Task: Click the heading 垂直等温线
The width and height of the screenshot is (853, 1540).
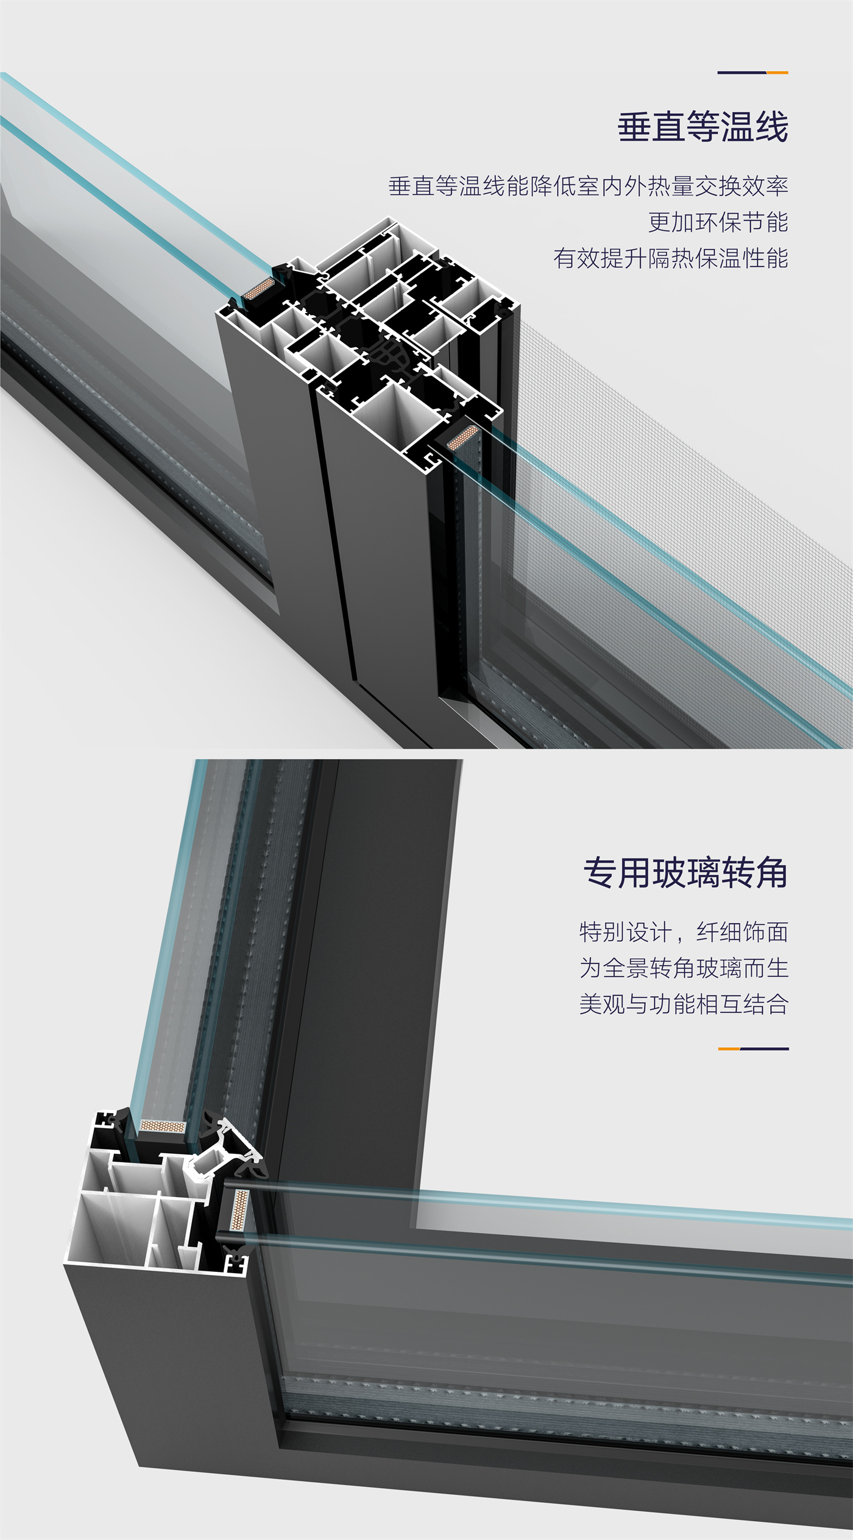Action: (703, 127)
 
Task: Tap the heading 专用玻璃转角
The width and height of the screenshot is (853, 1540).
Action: (685, 873)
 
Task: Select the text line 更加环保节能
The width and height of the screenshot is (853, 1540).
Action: (718, 222)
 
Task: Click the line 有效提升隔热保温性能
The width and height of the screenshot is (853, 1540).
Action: (670, 258)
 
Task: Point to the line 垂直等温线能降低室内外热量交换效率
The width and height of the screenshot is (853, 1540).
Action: (588, 186)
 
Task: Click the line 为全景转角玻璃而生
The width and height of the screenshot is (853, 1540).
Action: (684, 968)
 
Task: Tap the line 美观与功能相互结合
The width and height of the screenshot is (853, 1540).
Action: (684, 1004)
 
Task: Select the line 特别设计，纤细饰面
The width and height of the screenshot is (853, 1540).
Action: (684, 932)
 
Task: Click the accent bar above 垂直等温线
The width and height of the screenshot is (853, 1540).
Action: (752, 72)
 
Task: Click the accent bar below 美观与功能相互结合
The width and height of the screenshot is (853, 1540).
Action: (753, 1049)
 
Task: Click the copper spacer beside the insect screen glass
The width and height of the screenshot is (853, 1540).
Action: (462, 437)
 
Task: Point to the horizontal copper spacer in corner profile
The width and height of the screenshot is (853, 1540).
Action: (162, 1126)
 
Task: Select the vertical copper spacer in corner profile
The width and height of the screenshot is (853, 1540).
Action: (239, 1209)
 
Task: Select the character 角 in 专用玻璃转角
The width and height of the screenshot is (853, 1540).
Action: (771, 873)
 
